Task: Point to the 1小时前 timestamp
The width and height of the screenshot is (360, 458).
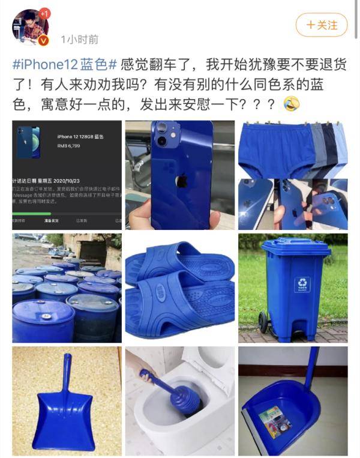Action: click(80, 40)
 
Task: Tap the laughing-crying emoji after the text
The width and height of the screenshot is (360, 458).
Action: click(292, 103)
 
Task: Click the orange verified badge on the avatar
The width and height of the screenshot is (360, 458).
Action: click(43, 40)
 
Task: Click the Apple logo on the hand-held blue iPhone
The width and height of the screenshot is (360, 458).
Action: click(179, 181)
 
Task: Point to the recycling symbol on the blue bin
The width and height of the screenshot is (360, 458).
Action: click(302, 282)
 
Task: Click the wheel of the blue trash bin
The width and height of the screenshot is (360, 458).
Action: click(263, 323)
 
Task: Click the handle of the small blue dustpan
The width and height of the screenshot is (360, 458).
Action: click(65, 373)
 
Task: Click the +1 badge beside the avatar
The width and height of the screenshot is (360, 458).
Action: click(44, 13)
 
